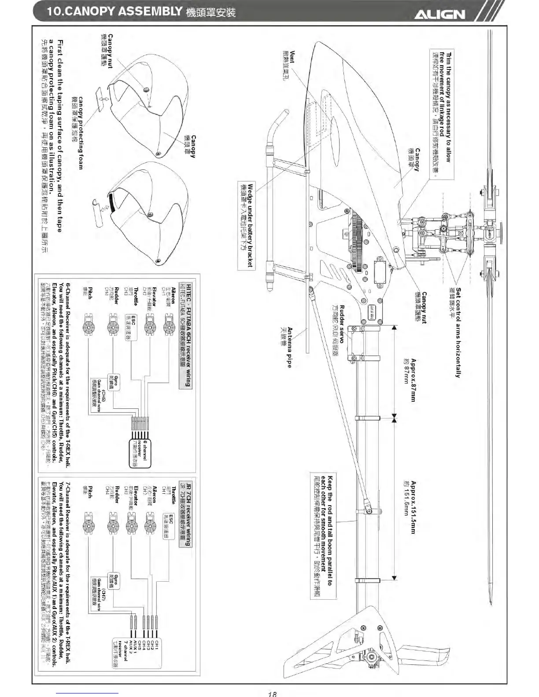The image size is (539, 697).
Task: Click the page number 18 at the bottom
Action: [x=272, y=693]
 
